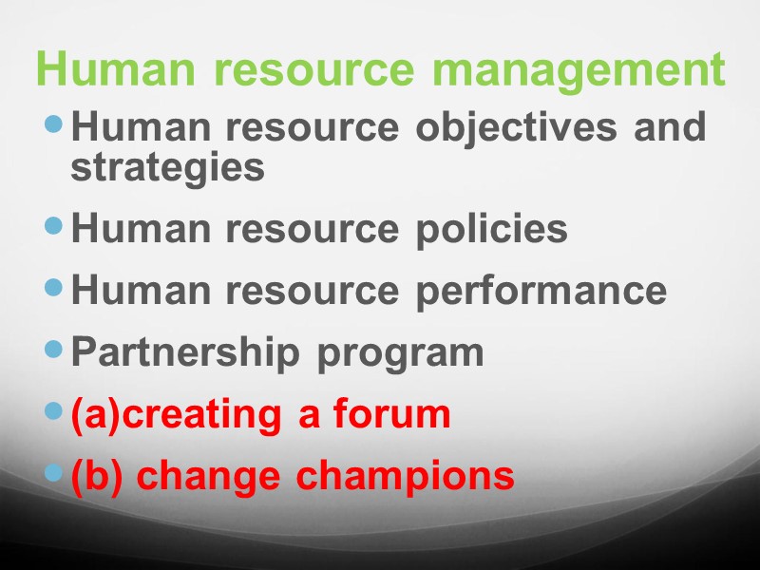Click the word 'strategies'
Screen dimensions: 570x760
click(167, 169)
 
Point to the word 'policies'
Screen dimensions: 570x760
click(491, 230)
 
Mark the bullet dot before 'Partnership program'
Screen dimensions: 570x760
click(55, 350)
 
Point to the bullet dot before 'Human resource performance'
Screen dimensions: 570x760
click(55, 288)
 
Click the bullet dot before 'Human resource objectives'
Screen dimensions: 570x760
click(55, 123)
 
